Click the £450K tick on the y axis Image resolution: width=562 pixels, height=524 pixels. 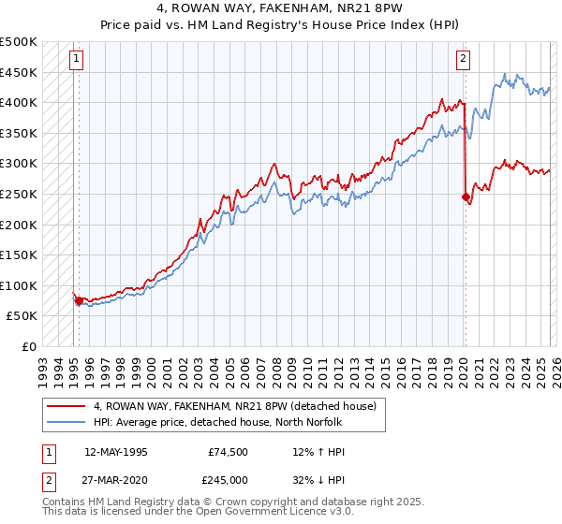pyautogui.click(x=19, y=72)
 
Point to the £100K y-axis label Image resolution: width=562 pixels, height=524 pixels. pyautogui.click(x=19, y=285)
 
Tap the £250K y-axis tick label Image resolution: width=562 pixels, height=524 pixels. pyautogui.click(x=19, y=194)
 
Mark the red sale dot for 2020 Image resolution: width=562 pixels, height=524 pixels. pyautogui.click(x=466, y=196)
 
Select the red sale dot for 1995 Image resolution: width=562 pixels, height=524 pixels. pyautogui.click(x=79, y=300)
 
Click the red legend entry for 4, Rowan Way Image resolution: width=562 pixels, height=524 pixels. pyautogui.click(x=234, y=406)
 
